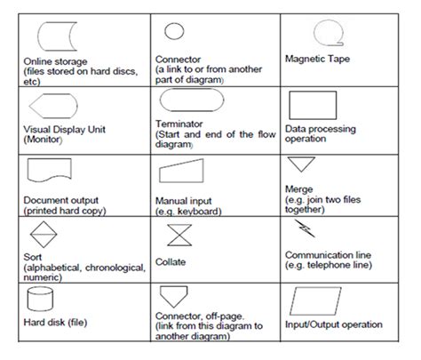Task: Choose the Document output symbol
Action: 49,169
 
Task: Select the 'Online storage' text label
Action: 55,61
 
